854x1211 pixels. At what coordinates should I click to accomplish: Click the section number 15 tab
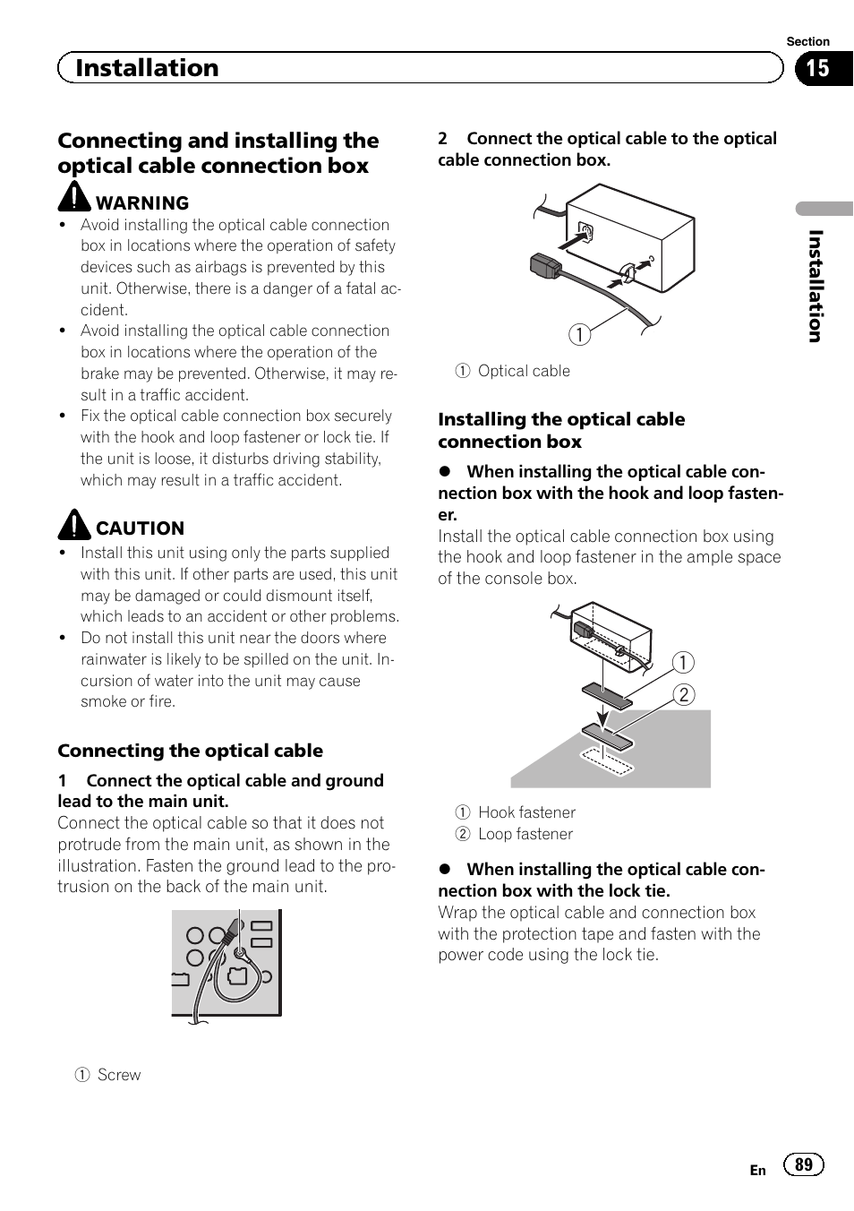tap(819, 68)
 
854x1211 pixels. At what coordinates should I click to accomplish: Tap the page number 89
tap(804, 1164)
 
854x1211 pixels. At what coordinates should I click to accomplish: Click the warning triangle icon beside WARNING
tap(74, 197)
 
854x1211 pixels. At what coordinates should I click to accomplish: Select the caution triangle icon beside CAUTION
tap(74, 524)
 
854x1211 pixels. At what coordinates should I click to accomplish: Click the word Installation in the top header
tap(147, 68)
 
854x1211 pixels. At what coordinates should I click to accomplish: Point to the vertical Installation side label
tap(815, 286)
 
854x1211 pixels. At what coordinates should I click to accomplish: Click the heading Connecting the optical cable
tap(190, 751)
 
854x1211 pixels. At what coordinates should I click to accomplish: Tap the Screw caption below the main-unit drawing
tap(119, 1075)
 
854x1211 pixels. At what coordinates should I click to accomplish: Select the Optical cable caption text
tap(524, 371)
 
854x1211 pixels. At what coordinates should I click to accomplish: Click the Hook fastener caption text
tap(526, 812)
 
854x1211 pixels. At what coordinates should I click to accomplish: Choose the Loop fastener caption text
tap(525, 834)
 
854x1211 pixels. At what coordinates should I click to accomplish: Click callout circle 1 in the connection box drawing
tap(580, 335)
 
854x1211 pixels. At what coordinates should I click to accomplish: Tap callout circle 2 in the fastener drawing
tap(684, 695)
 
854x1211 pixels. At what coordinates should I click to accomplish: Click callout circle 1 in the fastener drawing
tap(683, 663)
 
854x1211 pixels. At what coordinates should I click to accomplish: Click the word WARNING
tap(142, 203)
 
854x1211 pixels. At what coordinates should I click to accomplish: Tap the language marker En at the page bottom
tap(757, 1170)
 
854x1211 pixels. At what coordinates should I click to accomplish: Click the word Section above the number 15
tap(807, 41)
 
